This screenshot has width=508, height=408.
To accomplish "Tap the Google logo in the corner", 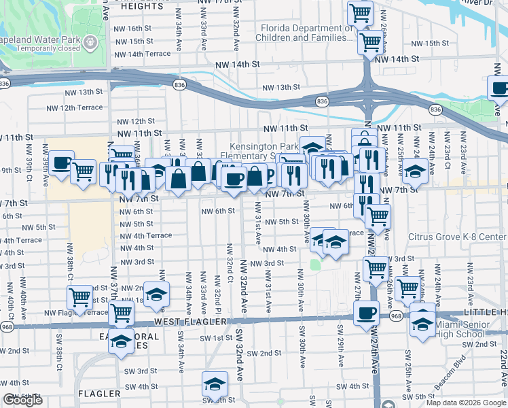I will point(22,400).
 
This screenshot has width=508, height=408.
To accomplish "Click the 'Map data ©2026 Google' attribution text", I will point(466,403).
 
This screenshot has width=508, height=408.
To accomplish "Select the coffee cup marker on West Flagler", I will point(367,313).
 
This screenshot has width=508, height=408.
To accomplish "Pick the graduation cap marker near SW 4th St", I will point(215,384).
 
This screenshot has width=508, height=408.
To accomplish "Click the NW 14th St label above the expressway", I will point(238,65).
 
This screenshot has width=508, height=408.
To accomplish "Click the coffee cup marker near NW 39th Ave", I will point(61,163).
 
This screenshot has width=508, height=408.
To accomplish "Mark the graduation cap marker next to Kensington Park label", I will point(312,148).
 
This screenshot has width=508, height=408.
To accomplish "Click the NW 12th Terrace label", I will point(75,108).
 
